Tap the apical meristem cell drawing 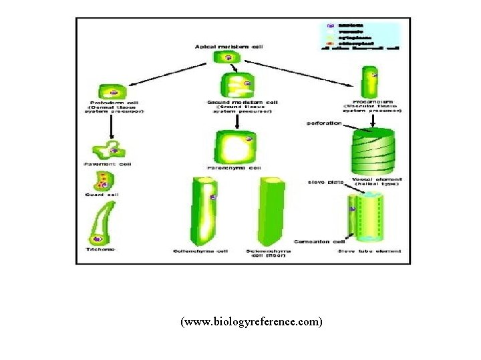click(228, 58)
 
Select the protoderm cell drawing click(112, 92)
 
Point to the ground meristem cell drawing click(236, 85)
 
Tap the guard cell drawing click(104, 180)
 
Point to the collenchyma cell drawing click(204, 211)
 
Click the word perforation click(325, 123)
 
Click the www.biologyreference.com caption click(251, 322)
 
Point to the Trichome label click(100, 249)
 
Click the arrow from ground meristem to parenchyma click(237, 120)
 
